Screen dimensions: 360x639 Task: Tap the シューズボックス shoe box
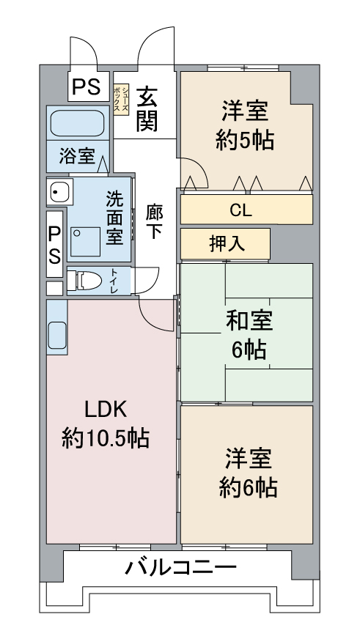[121, 100]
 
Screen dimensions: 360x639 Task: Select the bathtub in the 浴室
[77, 122]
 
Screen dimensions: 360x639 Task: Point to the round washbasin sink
[59, 191]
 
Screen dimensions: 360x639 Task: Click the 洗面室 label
[114, 218]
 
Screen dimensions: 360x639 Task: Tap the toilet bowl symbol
[84, 281]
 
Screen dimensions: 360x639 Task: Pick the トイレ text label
[114, 281]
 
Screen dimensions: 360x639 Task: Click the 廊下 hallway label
[154, 223]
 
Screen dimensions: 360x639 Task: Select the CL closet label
[240, 210]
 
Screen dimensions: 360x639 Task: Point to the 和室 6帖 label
[249, 334]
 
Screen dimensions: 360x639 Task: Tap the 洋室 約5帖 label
[245, 127]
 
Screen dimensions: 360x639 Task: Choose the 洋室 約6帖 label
[249, 473]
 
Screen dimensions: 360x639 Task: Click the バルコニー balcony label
[180, 567]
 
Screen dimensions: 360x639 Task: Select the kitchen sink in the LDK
[57, 336]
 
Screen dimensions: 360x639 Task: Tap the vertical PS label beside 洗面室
[55, 245]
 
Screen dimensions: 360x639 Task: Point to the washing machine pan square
[86, 242]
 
